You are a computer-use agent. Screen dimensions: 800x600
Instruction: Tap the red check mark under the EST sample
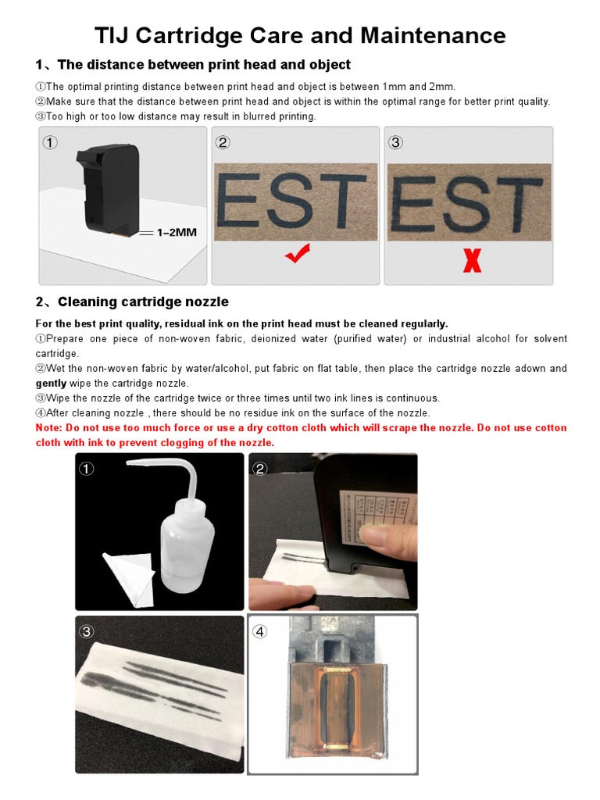pos(297,253)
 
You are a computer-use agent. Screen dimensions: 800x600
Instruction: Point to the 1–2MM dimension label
pos(177,233)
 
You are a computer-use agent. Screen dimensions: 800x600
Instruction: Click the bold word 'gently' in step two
pos(51,383)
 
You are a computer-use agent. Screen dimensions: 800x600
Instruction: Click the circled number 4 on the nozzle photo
pos(260,632)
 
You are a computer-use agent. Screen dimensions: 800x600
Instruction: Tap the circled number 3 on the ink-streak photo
pos(87,632)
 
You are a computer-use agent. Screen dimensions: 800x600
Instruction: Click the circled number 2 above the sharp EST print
pos(223,143)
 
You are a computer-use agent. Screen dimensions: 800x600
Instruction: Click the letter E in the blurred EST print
pos(409,204)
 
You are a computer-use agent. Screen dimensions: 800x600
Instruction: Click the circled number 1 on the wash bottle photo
pos(87,470)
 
